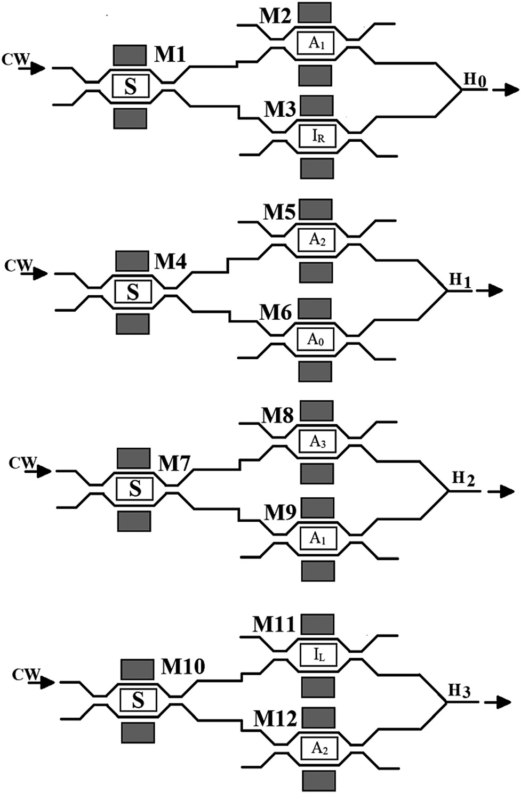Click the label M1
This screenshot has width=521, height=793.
[170, 54]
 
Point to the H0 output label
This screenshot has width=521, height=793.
[475, 80]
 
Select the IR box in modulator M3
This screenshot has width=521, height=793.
[318, 136]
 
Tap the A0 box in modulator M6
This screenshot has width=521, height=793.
[316, 339]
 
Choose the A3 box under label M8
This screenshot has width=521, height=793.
[318, 442]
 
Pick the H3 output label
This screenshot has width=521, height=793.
[459, 691]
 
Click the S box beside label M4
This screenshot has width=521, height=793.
[133, 292]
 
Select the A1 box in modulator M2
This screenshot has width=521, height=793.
[317, 43]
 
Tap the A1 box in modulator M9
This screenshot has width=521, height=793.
[318, 538]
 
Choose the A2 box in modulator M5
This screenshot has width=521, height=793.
[317, 239]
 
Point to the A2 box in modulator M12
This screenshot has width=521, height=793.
[319, 749]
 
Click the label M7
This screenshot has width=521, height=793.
[174, 464]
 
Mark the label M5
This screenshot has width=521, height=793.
[279, 212]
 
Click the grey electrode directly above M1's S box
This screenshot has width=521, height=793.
[130, 55]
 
